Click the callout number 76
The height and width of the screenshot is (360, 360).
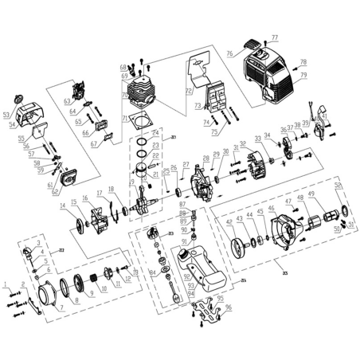229,53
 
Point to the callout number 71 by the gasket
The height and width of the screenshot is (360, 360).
123,118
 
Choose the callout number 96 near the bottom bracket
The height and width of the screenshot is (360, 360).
228,307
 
